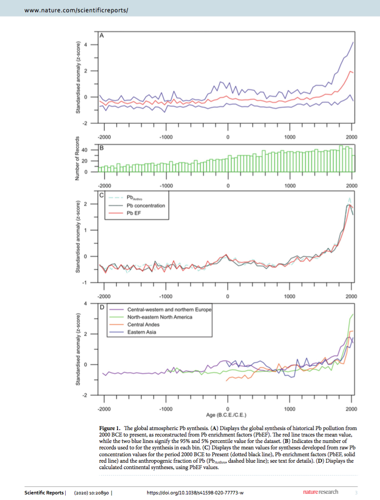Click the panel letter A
point(102,36)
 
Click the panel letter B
point(102,148)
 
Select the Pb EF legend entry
point(134,213)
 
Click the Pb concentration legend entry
point(146,206)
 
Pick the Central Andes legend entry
point(143,325)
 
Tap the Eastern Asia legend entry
point(142,332)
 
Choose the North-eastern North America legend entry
point(160,317)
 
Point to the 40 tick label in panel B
point(84,150)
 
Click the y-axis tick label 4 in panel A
point(85,45)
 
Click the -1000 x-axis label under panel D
point(166,409)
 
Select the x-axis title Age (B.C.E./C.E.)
point(226,415)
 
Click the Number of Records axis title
point(77,158)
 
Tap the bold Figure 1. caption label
point(110,428)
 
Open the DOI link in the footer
point(195,493)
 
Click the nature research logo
point(321,492)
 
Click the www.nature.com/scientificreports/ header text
point(76,10)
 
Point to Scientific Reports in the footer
point(44,493)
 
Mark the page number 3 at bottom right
point(356,493)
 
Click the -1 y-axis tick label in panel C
point(84,283)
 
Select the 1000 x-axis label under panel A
point(290,137)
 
